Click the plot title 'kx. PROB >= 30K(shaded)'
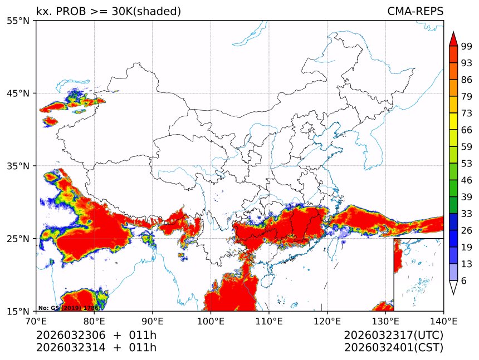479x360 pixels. pyautogui.click(x=109, y=12)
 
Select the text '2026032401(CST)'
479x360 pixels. pyautogui.click(x=393, y=348)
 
